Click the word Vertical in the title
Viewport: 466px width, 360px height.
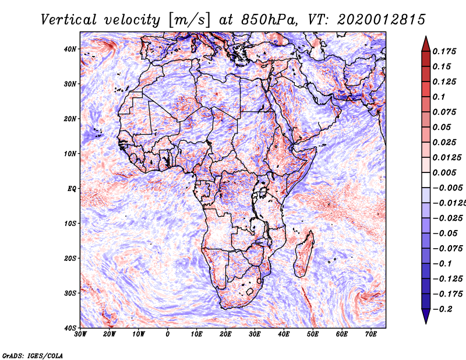point(68,20)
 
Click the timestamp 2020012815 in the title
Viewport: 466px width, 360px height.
point(381,20)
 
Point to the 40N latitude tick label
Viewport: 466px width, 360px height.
point(70,49)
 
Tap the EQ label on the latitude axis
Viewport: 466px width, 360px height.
point(72,189)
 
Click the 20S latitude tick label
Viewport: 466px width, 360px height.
point(70,258)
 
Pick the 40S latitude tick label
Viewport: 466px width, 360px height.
point(70,328)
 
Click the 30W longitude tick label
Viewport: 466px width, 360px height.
point(80,334)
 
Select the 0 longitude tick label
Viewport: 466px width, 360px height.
point(168,334)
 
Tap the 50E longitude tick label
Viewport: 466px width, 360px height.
point(313,334)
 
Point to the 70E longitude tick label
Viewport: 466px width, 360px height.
point(371,334)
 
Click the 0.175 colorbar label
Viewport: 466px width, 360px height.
point(444,51)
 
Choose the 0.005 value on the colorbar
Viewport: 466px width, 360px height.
point(444,172)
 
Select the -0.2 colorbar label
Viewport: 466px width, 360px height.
point(442,309)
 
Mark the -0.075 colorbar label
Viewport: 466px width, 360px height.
point(447,249)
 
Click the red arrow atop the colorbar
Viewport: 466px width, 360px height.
point(426,44)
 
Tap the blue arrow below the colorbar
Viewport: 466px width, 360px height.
point(426,316)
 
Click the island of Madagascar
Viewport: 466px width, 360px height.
point(303,254)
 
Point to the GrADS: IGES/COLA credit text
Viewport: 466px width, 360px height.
point(33,355)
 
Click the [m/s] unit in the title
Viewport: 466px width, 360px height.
point(189,20)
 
